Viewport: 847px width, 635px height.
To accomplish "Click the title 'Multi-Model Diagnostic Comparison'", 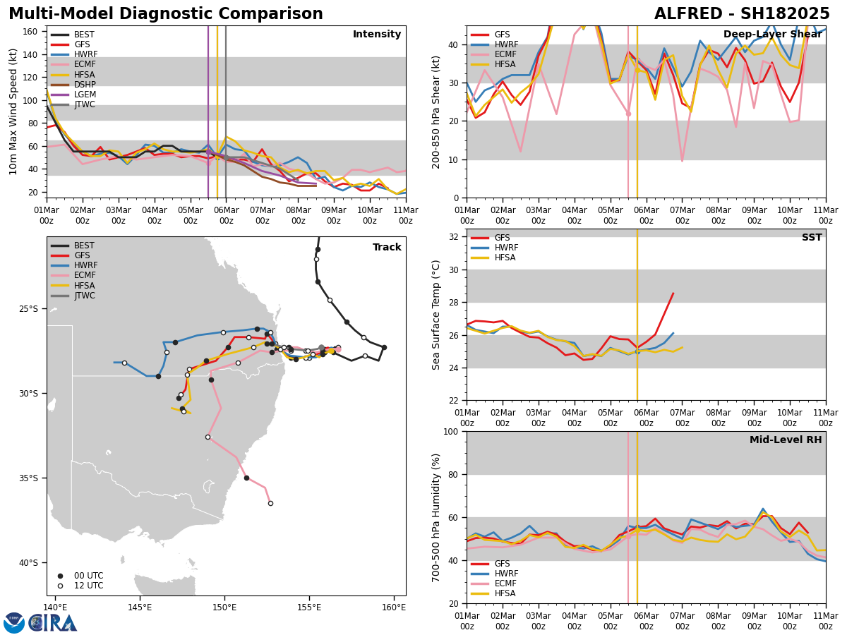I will [166, 14].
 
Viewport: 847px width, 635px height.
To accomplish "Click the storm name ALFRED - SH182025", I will [742, 14].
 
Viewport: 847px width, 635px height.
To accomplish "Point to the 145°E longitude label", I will [140, 607].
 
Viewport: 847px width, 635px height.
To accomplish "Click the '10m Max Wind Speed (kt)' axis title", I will [13, 111].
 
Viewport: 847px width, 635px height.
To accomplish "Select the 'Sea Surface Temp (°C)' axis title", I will [436, 315].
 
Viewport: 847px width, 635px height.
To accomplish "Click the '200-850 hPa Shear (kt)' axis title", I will [436, 111].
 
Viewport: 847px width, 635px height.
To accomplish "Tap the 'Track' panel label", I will [387, 248].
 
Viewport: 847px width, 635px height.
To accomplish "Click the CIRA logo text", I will [54, 623].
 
